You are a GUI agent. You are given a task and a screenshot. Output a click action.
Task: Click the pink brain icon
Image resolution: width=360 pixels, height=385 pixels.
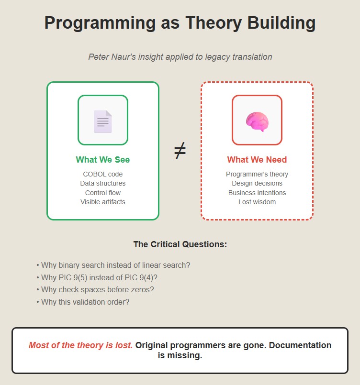click(x=257, y=121)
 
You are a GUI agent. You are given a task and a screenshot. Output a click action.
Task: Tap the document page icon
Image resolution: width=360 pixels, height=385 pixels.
click(x=103, y=121)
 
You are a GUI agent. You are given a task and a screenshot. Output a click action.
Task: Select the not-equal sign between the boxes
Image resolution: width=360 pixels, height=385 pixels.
click(x=180, y=151)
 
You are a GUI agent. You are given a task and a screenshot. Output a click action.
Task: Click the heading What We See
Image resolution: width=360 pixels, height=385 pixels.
click(x=103, y=160)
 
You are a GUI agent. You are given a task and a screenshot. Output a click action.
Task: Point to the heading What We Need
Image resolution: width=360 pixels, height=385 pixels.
click(x=257, y=160)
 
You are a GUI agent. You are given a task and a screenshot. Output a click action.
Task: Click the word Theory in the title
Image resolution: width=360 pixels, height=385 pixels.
click(x=214, y=23)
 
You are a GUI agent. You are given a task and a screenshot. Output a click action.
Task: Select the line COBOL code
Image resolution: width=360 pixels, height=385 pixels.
click(x=103, y=174)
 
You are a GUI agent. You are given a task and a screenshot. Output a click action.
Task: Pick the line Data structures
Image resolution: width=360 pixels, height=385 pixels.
click(x=103, y=183)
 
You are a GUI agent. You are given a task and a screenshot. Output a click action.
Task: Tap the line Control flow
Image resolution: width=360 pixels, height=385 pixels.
click(x=103, y=193)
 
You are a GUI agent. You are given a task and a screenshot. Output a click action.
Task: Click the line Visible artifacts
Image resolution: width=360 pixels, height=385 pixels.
click(x=103, y=202)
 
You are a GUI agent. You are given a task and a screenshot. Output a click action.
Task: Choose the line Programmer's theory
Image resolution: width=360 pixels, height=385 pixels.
click(x=257, y=174)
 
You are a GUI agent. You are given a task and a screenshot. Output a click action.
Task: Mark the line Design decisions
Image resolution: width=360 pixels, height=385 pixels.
click(x=257, y=183)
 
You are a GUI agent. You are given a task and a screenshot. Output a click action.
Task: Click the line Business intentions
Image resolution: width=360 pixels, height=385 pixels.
click(x=257, y=193)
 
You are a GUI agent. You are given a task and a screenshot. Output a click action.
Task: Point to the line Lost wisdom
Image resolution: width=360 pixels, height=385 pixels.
click(x=257, y=202)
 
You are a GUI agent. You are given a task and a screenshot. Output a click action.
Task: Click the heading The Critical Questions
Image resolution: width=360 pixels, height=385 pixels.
click(x=180, y=244)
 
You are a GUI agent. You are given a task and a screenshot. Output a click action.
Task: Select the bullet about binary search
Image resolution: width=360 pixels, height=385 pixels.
click(x=113, y=265)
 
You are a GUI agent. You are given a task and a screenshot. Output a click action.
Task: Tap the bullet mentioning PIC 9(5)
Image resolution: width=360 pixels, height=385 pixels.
click(x=97, y=277)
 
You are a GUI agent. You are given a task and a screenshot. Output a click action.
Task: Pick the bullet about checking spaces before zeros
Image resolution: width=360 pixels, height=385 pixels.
click(x=95, y=289)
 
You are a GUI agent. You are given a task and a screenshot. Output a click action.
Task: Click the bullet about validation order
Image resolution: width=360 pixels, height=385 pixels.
click(x=83, y=302)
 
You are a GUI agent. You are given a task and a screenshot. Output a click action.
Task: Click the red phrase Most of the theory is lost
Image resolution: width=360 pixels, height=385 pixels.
click(x=80, y=345)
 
